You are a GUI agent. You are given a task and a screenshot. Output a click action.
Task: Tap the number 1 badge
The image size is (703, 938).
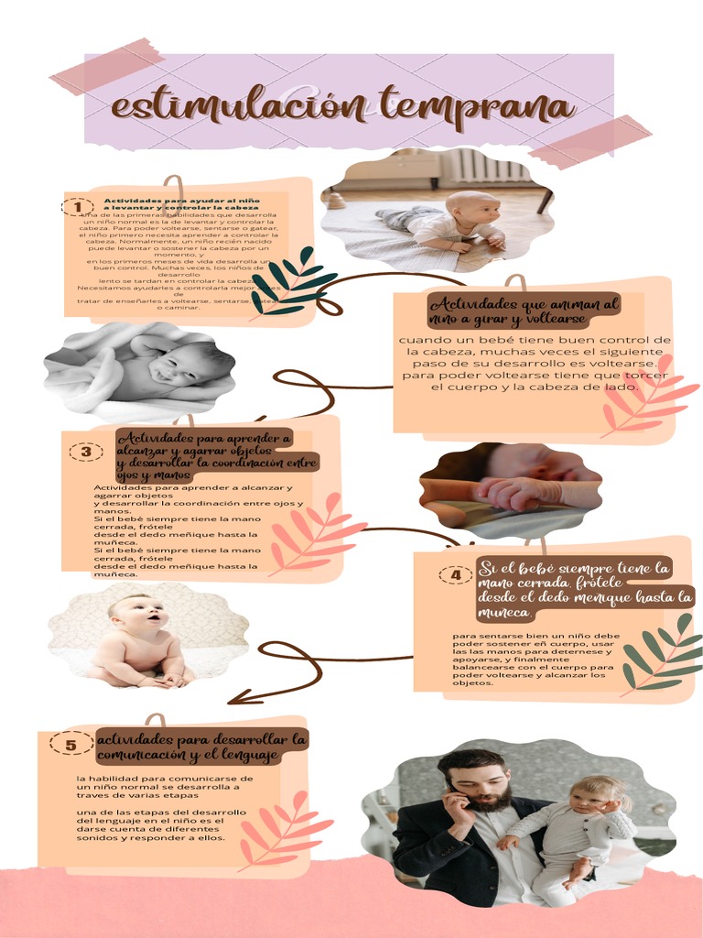point(78,207)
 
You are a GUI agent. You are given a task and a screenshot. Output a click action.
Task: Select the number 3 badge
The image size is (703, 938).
point(86,451)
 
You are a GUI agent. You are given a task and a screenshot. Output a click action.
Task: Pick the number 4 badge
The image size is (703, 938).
point(456,574)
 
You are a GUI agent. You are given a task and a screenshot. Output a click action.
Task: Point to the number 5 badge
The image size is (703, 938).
point(70,745)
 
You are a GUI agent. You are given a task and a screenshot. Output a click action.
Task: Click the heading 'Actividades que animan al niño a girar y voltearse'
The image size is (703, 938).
point(524,311)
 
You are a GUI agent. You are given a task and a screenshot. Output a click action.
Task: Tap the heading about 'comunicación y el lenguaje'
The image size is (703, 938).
point(201,747)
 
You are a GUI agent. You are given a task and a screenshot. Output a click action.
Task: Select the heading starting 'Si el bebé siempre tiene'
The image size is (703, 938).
point(585,590)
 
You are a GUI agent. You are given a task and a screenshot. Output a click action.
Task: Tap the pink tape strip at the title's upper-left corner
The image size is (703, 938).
point(108,65)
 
